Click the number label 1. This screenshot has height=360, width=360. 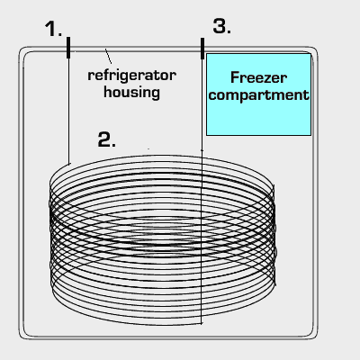click(53, 29)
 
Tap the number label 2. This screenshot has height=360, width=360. click(107, 139)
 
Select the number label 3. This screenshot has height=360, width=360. click(222, 26)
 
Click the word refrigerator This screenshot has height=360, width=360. click(131, 76)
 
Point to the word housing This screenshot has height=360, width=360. click(131, 92)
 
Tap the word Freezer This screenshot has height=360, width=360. click(258, 77)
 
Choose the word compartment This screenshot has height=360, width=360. click(258, 94)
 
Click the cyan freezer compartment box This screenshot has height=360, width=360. click(258, 94)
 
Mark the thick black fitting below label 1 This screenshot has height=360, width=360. click(68, 48)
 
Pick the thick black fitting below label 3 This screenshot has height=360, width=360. click(202, 48)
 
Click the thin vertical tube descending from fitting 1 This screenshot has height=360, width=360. click(68, 111)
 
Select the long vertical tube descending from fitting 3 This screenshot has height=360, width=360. click(202, 192)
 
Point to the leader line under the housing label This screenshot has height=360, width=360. click(108, 56)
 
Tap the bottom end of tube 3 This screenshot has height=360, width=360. click(202, 324)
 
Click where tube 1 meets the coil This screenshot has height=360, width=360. click(69, 164)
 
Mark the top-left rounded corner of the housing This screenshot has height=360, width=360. click(22, 50)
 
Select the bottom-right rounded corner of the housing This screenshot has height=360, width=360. click(314, 336)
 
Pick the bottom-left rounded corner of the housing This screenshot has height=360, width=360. click(22, 336)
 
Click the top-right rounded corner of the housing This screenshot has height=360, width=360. click(314, 50)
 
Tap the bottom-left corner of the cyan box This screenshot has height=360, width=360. click(206, 135)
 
